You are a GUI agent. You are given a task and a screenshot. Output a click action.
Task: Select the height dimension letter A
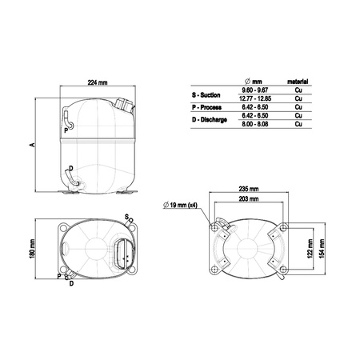pyautogui.click(x=31, y=145)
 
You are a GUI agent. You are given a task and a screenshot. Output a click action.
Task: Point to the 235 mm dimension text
pyautogui.click(x=249, y=189)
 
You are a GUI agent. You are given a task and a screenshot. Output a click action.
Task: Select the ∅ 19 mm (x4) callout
pyautogui.click(x=183, y=207)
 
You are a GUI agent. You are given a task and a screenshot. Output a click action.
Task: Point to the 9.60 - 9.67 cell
pyautogui.click(x=256, y=92)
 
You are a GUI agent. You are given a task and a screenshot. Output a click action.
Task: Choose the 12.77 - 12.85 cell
pyautogui.click(x=256, y=100)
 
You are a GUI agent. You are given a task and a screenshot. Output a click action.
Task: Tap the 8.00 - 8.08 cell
pyautogui.click(x=256, y=124)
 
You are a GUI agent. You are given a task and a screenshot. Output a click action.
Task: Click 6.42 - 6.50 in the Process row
pyautogui.click(x=256, y=108)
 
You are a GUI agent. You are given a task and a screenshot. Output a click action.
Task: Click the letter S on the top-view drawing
pyautogui.click(x=126, y=216)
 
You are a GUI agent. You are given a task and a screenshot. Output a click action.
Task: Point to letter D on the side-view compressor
pyautogui.click(x=71, y=168)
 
